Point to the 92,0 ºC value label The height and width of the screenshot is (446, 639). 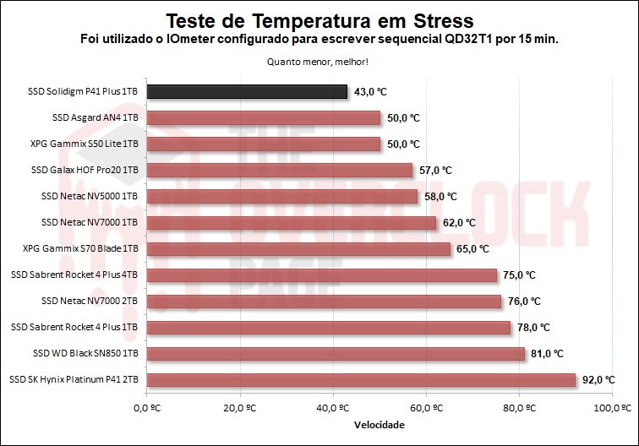(598, 380)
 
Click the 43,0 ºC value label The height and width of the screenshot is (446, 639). (370, 91)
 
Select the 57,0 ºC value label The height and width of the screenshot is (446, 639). (435, 171)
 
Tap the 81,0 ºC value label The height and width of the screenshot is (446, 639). (548, 354)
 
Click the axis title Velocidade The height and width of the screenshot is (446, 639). (379, 425)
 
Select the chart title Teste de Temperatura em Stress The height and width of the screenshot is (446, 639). (319, 20)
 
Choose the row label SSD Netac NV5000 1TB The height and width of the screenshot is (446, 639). (95, 197)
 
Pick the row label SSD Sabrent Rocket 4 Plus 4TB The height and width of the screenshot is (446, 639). (74, 275)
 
